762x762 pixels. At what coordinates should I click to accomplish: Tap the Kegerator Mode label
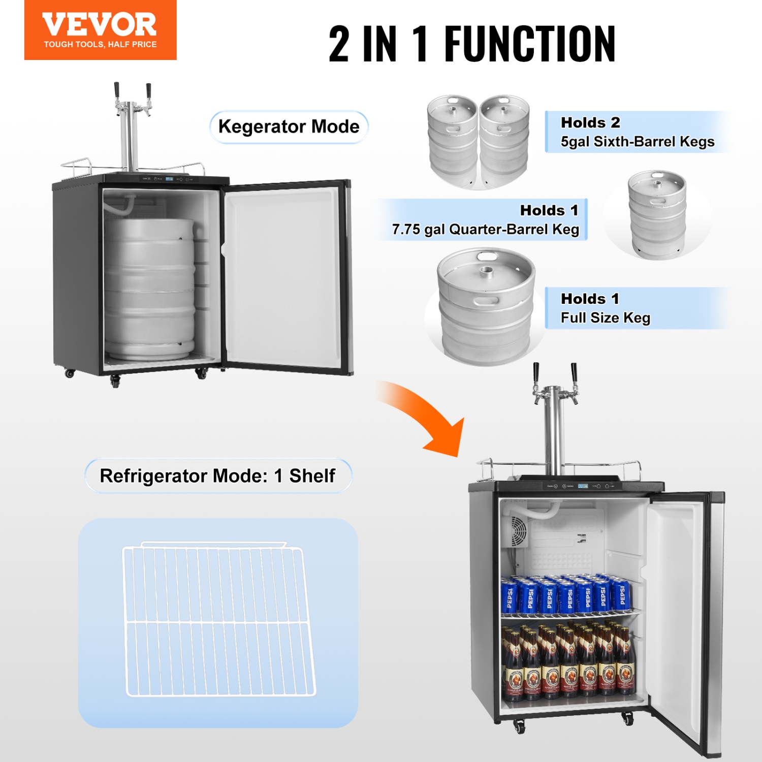click(289, 126)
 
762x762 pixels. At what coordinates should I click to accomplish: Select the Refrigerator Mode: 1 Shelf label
click(217, 476)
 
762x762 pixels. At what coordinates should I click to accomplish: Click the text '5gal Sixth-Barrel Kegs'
click(637, 142)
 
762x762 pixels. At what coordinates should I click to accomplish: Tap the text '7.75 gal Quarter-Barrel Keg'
click(485, 230)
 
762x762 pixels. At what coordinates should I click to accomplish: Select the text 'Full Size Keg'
click(605, 318)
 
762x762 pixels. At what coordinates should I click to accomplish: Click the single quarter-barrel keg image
click(657, 214)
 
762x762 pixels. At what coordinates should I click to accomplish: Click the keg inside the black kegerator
click(149, 290)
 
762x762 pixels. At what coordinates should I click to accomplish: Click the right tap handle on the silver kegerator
click(574, 373)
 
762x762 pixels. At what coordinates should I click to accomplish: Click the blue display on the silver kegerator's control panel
click(583, 486)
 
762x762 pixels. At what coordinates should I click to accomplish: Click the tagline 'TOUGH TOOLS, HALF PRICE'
click(100, 45)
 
